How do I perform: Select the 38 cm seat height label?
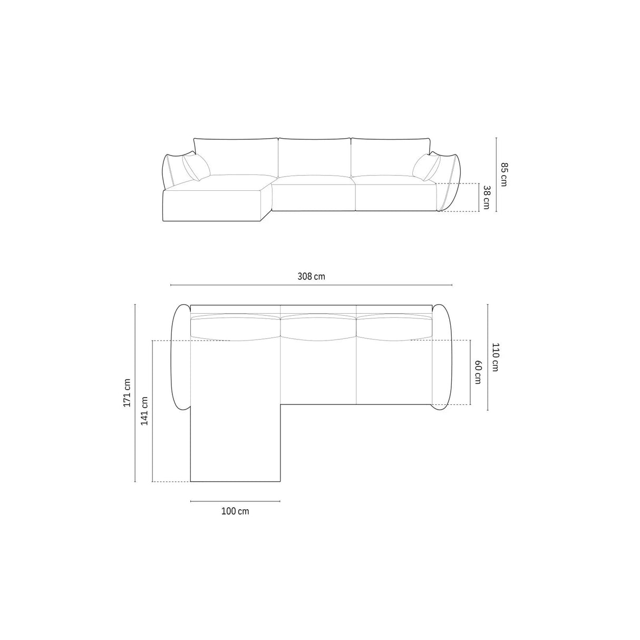coord(486,197)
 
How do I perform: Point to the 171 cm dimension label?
coord(126,393)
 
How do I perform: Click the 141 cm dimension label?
coord(144,411)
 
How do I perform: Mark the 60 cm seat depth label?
coord(478,372)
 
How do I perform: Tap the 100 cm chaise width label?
coord(235,511)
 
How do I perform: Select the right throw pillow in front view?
coord(426,167)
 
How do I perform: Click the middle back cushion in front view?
coord(315,157)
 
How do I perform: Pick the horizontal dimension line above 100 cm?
coord(235,501)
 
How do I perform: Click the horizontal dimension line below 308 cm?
coord(311,285)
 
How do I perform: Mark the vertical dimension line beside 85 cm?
coord(496,174)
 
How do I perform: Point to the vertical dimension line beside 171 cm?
coord(135,393)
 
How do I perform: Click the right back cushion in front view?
coord(391,157)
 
